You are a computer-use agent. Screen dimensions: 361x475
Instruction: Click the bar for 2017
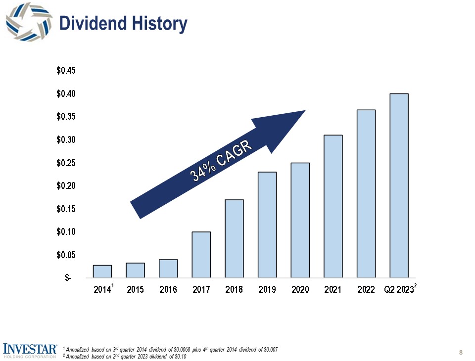click(201, 255)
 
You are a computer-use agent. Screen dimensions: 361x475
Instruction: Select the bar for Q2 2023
click(399, 185)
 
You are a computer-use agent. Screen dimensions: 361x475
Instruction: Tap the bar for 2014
click(102, 271)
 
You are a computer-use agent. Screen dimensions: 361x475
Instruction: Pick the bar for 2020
click(300, 220)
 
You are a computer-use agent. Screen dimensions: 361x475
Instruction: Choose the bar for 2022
click(366, 193)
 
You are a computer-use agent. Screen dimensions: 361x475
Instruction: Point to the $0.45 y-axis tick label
click(66, 71)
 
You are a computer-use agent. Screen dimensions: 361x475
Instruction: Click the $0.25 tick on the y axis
click(66, 163)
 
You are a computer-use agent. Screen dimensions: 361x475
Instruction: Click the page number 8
click(461, 353)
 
